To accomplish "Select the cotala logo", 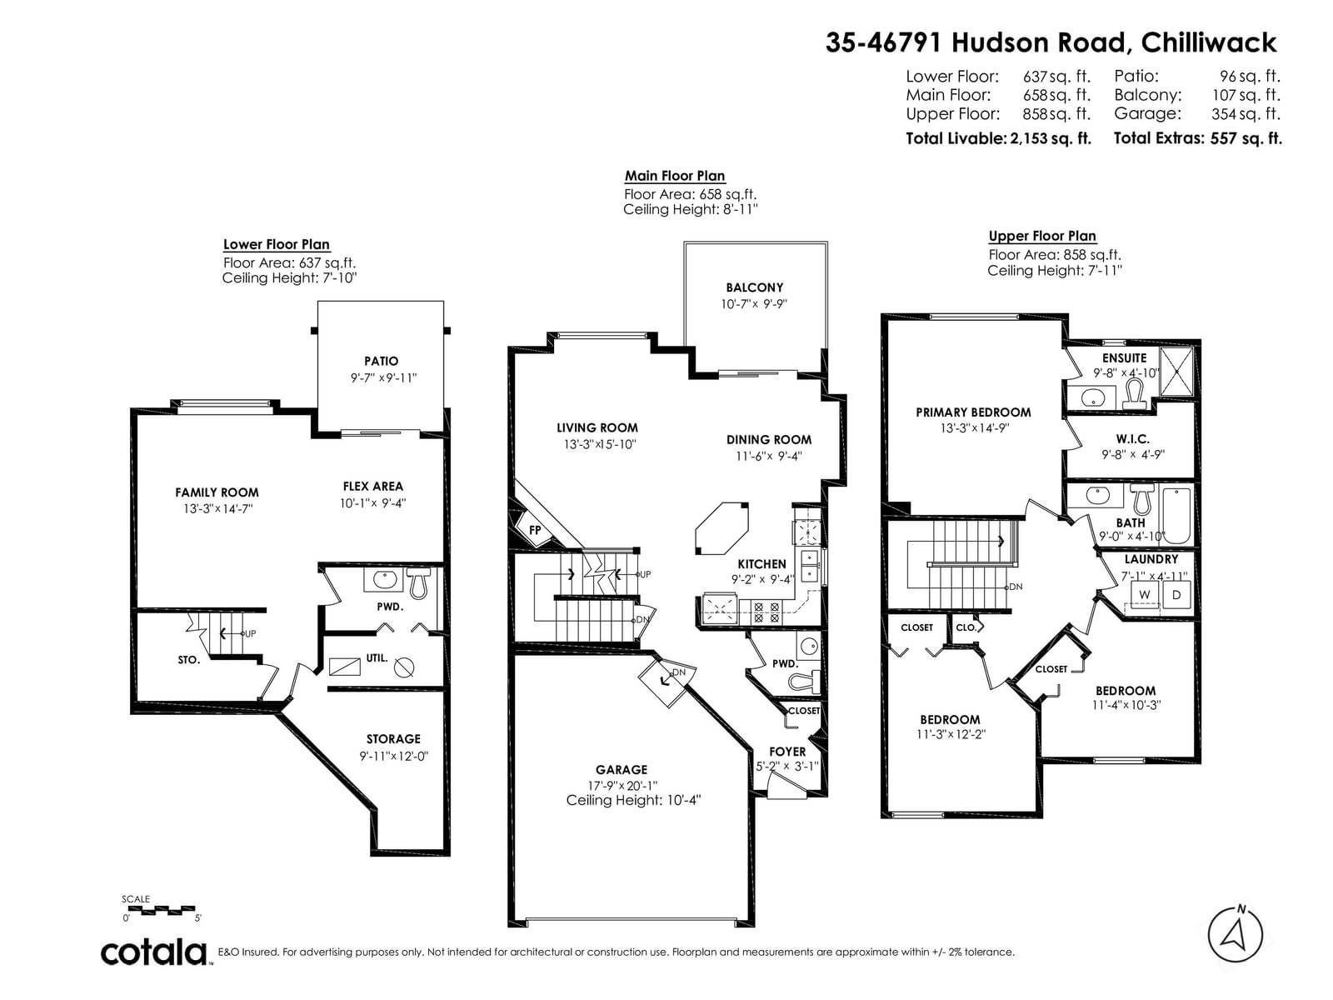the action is coord(154,952).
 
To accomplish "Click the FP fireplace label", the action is coord(534,529).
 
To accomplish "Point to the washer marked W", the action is coord(1144,594).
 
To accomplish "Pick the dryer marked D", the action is coord(1176,594).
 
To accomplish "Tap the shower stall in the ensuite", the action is coord(1176,371).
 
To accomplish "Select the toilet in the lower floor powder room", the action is coord(418,582).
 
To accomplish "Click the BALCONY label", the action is coord(754,287).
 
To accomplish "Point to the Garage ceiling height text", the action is coord(633,800).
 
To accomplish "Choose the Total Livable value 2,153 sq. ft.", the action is coord(1050,138).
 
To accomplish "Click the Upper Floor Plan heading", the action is coord(1042,236).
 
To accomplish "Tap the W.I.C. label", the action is coord(1132,438).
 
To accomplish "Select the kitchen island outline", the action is coord(721,527).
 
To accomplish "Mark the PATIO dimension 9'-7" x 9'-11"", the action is coord(383,377).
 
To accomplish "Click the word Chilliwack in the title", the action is coord(1209,42).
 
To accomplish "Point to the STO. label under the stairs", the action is coord(188,659).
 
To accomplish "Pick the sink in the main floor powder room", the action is coord(809,647).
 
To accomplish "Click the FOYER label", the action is coord(787,751).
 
